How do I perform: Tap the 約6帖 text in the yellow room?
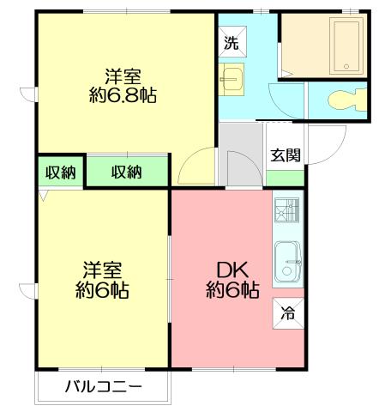[101, 290]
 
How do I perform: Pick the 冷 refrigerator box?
[288, 313]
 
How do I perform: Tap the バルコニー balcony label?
[103, 387]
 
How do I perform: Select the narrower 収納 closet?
[60, 172]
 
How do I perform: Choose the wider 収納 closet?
[126, 172]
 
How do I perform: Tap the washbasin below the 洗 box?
[232, 79]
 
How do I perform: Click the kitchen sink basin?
[287, 256]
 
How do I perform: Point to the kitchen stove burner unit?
[287, 210]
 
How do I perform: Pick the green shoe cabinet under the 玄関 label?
[285, 178]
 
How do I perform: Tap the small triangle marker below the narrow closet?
[43, 196]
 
